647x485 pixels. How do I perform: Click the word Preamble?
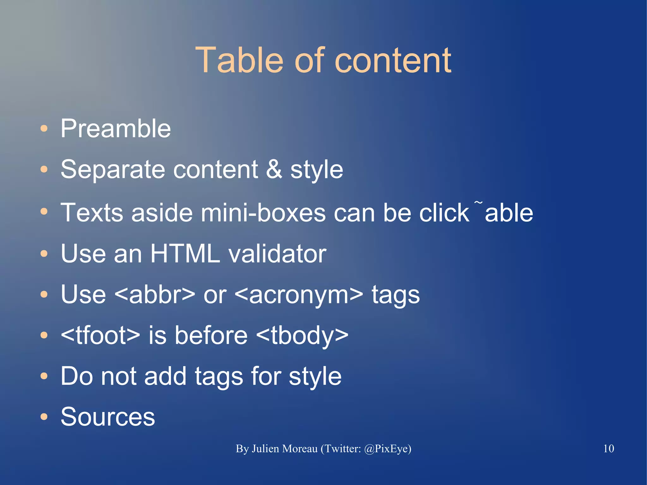[x=116, y=128]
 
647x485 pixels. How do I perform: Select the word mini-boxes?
[x=263, y=212]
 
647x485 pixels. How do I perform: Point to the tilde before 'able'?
[x=479, y=203]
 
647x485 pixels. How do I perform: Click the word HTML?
[x=185, y=253]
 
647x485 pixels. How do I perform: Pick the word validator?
[x=277, y=253]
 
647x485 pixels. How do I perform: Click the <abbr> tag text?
[x=154, y=294]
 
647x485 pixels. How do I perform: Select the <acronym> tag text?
[x=299, y=294]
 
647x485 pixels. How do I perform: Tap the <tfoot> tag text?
[x=100, y=335]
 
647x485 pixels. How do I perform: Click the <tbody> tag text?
[x=302, y=335]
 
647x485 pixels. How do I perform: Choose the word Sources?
[x=108, y=417]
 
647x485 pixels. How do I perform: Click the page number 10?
[x=608, y=448]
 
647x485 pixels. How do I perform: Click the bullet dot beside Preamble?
[x=44, y=129]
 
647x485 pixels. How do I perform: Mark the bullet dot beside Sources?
[x=44, y=417]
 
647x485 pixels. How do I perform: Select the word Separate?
[x=113, y=170]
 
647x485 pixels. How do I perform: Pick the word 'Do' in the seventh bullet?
[x=77, y=376]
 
